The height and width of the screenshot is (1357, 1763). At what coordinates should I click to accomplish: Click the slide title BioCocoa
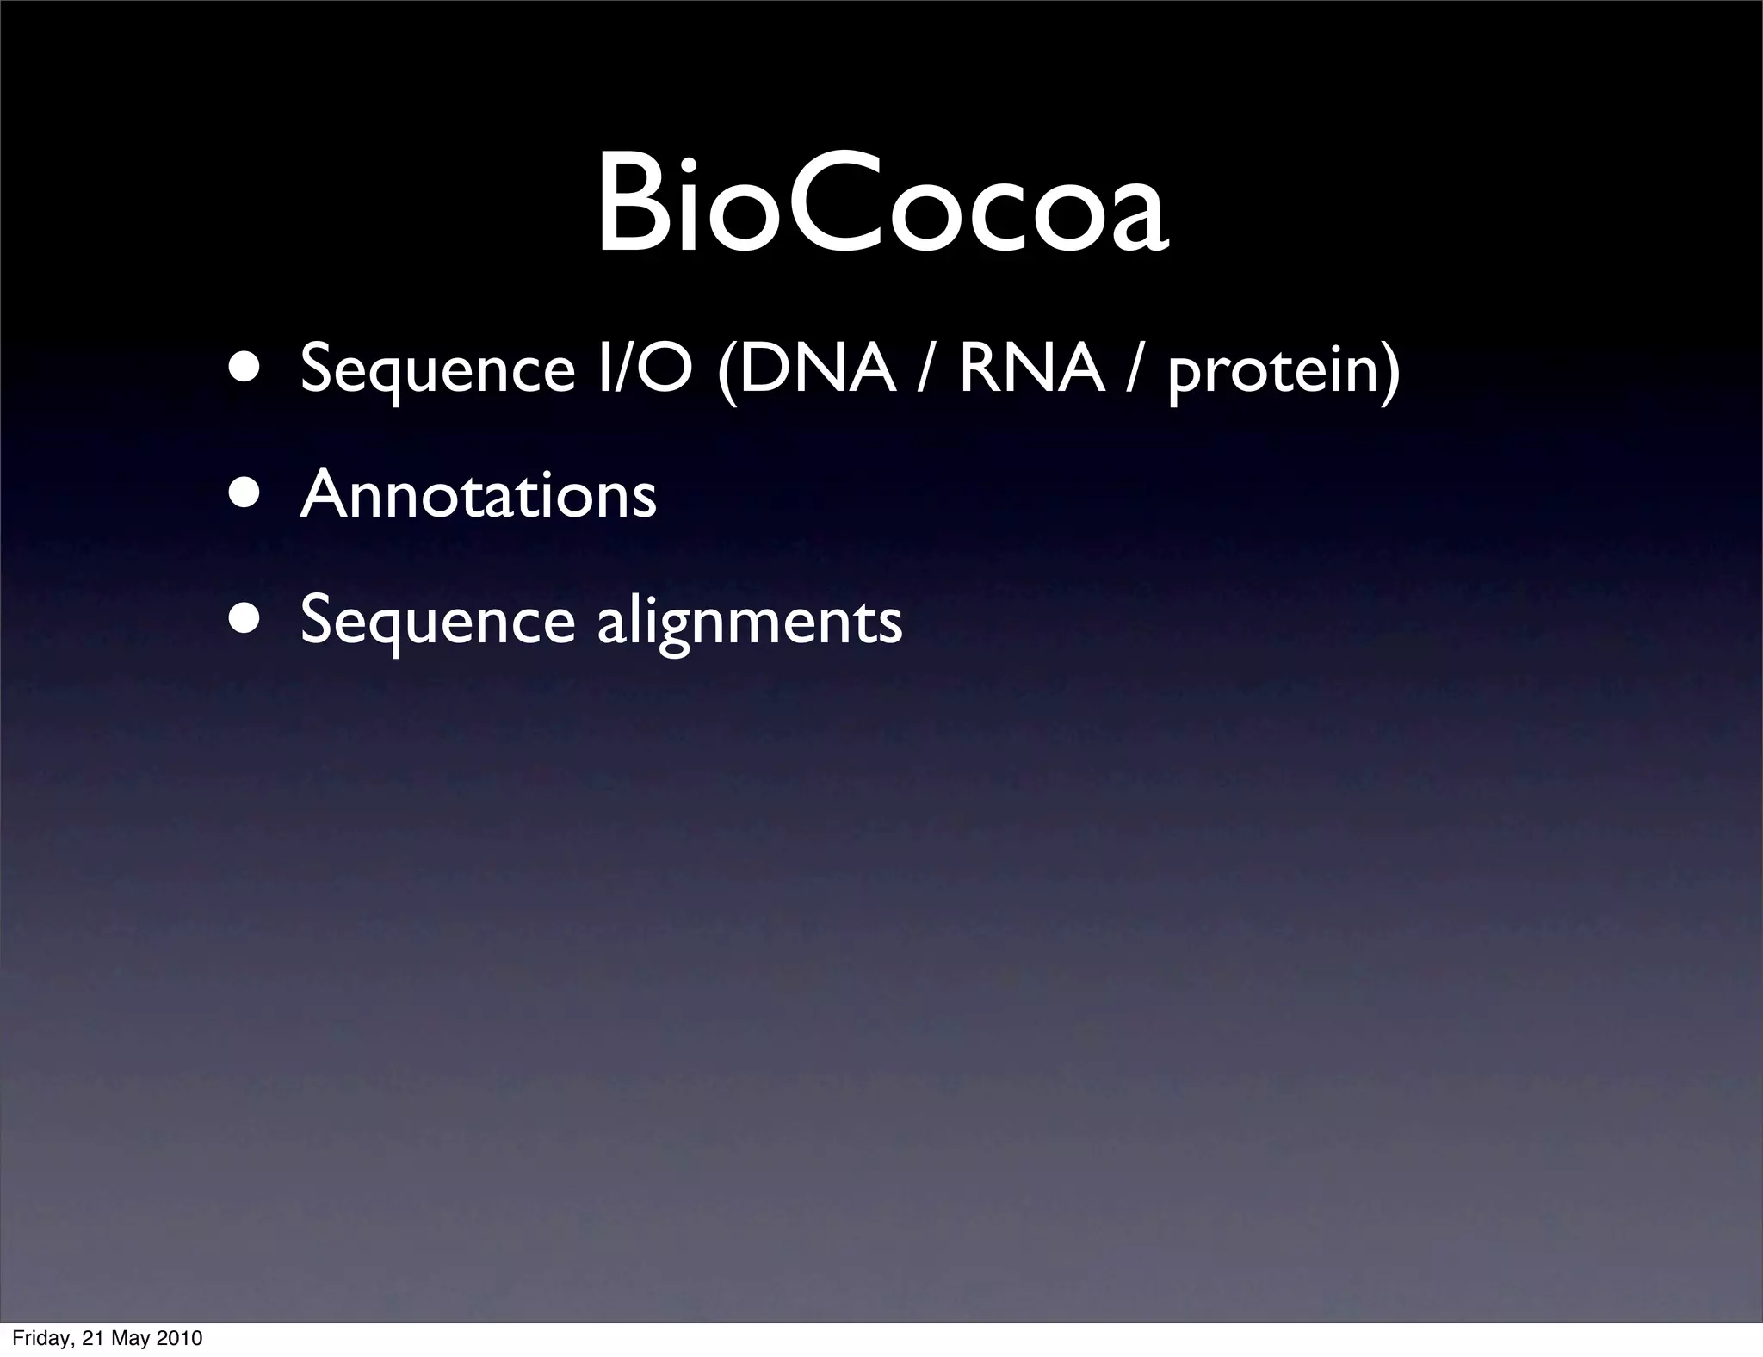tap(881, 205)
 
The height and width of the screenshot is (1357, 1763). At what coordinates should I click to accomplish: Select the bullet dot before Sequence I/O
tap(246, 369)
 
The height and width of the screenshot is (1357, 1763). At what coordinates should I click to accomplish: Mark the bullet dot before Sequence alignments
tap(246, 620)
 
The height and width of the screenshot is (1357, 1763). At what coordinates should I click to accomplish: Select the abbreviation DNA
tap(816, 369)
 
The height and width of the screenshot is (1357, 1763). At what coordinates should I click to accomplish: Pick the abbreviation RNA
tap(1031, 369)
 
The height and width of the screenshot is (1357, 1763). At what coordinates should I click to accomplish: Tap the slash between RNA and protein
tap(1135, 369)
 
